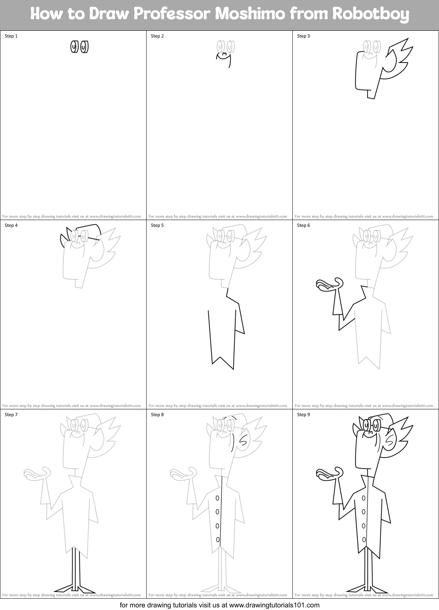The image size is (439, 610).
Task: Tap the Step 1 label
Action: [11, 36]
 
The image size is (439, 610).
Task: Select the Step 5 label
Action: [157, 225]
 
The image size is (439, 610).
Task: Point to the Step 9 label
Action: [303, 415]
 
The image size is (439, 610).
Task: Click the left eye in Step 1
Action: [74, 47]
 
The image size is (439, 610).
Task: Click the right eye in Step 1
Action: [85, 47]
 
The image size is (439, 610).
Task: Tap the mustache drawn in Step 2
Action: [224, 54]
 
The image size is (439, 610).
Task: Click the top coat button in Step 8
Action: [217, 498]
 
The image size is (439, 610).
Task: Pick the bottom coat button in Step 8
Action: [218, 539]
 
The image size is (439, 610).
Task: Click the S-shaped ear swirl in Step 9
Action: [390, 439]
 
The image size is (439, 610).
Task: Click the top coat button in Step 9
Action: [363, 498]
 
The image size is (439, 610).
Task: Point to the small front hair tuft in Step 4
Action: [63, 240]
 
